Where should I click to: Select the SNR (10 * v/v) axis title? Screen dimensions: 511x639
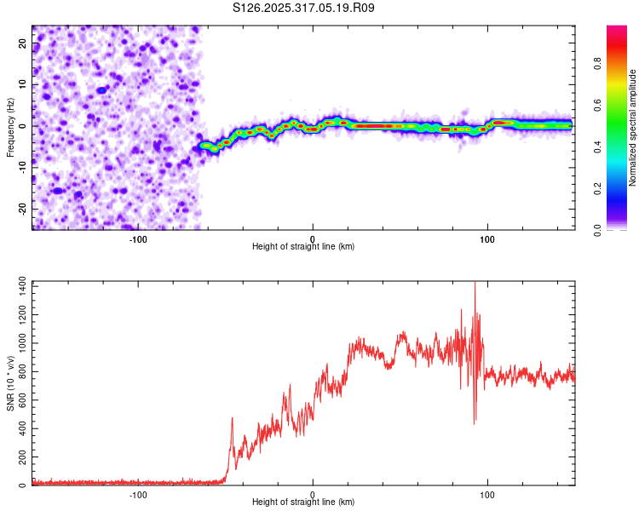(10, 382)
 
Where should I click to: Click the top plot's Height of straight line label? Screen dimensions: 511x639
(303, 247)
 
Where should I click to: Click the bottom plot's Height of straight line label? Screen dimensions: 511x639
(303, 502)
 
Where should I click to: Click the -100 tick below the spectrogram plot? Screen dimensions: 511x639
(138, 238)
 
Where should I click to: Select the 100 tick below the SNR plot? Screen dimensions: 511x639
(487, 494)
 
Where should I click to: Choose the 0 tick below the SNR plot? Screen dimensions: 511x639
(313, 494)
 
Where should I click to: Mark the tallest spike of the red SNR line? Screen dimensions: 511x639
(475, 284)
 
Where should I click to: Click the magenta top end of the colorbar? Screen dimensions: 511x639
(616, 30)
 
